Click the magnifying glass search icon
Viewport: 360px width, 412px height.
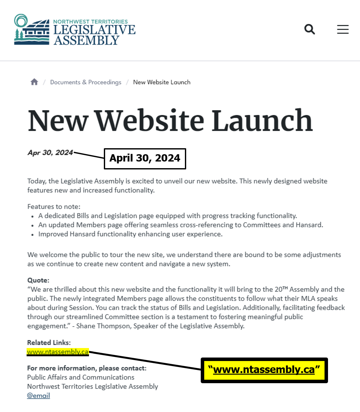(x=310, y=29)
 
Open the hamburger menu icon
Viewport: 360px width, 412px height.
(x=343, y=29)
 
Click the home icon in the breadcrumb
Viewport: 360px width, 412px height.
(x=34, y=82)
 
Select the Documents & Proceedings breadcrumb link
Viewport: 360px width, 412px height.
(x=85, y=82)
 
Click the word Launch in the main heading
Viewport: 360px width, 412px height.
(x=262, y=121)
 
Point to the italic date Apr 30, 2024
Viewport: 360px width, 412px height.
(x=50, y=153)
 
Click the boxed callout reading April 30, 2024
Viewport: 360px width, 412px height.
(x=145, y=158)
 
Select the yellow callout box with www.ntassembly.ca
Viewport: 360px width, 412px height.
(x=264, y=370)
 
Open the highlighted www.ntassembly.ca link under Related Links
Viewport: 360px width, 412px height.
(x=58, y=352)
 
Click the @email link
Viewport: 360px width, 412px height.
(x=38, y=396)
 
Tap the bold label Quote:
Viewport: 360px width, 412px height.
(x=38, y=280)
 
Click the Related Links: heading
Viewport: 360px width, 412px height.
(x=49, y=343)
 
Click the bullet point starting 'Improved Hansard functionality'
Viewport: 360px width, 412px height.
(x=130, y=234)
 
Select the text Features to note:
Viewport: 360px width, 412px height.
(x=54, y=207)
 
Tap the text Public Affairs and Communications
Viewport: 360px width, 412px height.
(x=81, y=377)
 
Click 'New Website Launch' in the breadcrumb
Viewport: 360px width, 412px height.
(x=161, y=82)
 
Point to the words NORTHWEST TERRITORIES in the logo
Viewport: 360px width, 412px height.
(x=90, y=22)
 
